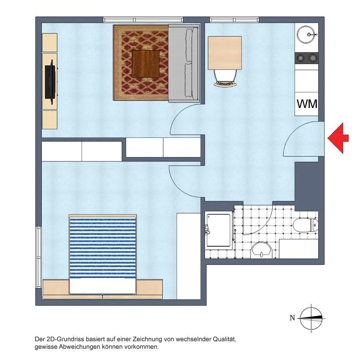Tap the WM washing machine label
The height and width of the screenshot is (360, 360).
[x=307, y=104]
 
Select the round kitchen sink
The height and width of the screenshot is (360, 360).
[x=306, y=35]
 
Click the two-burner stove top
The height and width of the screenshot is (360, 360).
[x=306, y=58]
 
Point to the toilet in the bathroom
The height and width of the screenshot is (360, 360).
[x=306, y=225]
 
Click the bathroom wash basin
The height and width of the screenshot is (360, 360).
[x=261, y=250]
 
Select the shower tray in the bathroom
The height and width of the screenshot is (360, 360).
[x=219, y=230]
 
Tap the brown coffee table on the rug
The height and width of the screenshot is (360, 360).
[x=145, y=64]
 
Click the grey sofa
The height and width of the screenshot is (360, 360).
[x=184, y=63]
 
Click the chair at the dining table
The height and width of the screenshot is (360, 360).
[x=225, y=78]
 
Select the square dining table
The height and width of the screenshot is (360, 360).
[x=225, y=53]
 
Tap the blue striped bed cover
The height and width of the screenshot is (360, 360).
[x=103, y=248]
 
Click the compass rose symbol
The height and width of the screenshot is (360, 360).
[x=311, y=318]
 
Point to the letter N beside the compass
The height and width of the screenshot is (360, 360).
[x=292, y=318]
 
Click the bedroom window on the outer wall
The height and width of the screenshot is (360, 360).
[x=39, y=257]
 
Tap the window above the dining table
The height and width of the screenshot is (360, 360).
[x=234, y=20]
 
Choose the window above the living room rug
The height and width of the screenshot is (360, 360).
[x=143, y=20]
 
